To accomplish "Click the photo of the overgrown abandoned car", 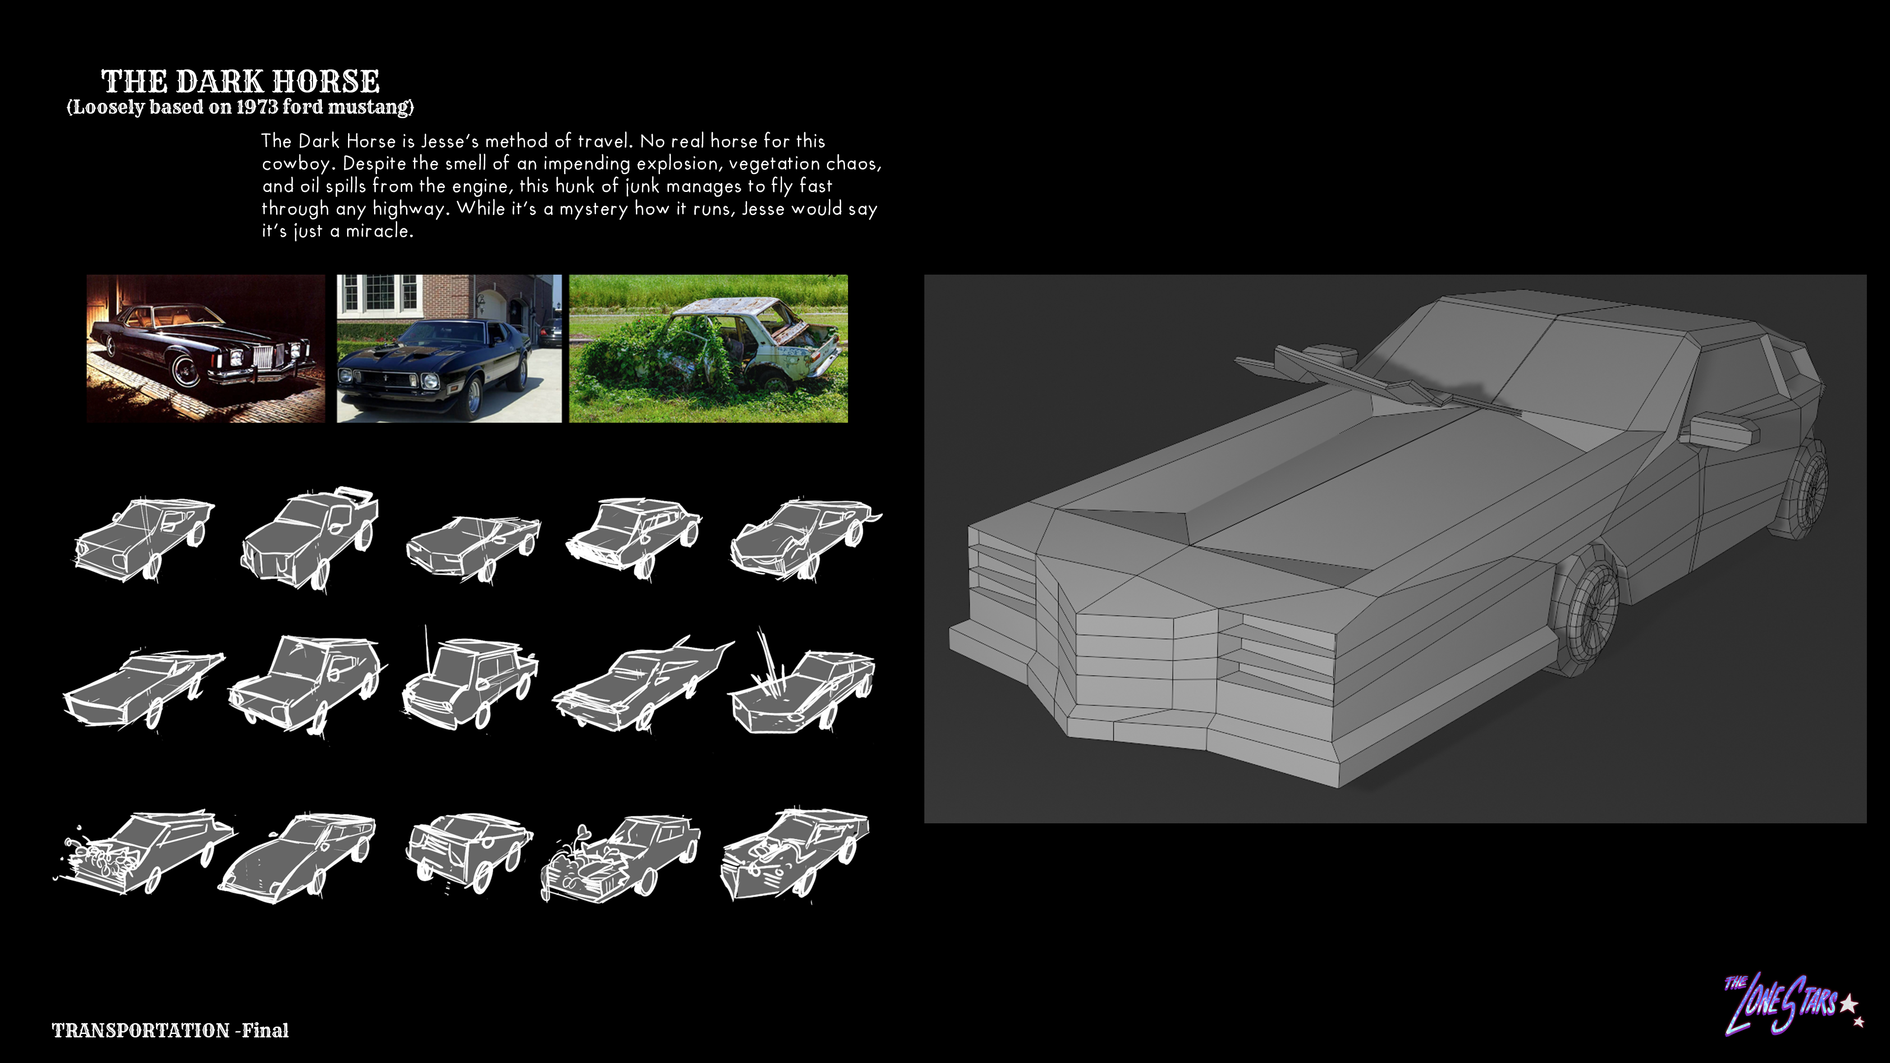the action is coord(708,348).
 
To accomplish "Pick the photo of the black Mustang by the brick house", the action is coord(449,348).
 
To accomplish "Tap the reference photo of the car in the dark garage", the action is coord(205,348).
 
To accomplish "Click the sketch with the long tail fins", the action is coord(643,684).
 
